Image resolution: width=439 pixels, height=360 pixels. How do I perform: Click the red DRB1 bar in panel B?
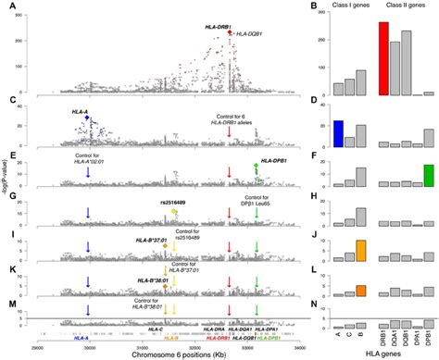[x=383, y=59]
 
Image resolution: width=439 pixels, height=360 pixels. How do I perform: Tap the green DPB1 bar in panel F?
[x=428, y=176]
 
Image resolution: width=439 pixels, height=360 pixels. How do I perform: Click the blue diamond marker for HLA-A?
[x=87, y=118]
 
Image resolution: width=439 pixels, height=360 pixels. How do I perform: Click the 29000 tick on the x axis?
[x=37, y=342]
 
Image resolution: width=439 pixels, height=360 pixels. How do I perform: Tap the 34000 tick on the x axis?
[x=309, y=342]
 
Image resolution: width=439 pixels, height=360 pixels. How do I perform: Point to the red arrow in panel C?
[x=230, y=137]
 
